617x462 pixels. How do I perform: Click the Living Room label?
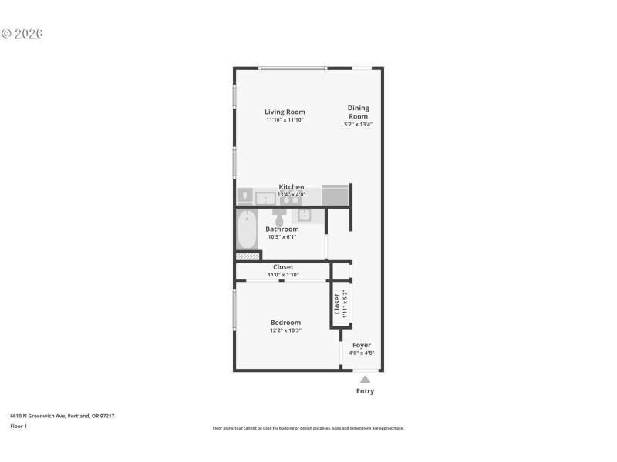(x=285, y=112)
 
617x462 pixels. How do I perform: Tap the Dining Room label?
(x=358, y=112)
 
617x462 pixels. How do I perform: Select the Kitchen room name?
(x=291, y=186)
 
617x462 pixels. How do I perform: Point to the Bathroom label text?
(x=282, y=229)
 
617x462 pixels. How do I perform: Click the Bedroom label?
(x=285, y=322)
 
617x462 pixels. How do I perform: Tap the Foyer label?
(x=362, y=345)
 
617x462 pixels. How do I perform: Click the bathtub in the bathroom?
(x=247, y=228)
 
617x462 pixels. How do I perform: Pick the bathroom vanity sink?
(x=305, y=214)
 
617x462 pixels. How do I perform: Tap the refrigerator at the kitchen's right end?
(x=335, y=195)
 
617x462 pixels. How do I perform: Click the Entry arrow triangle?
(x=365, y=379)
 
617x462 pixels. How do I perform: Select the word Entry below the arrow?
(x=365, y=391)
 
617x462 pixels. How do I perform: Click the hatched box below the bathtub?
(x=247, y=256)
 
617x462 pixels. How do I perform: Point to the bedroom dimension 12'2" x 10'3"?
(x=285, y=330)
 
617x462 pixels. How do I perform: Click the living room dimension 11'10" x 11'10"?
(x=285, y=120)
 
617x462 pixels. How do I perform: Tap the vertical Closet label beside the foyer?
(x=337, y=303)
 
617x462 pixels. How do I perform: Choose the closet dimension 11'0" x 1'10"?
(x=283, y=275)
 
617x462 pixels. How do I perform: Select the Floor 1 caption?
(x=19, y=426)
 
